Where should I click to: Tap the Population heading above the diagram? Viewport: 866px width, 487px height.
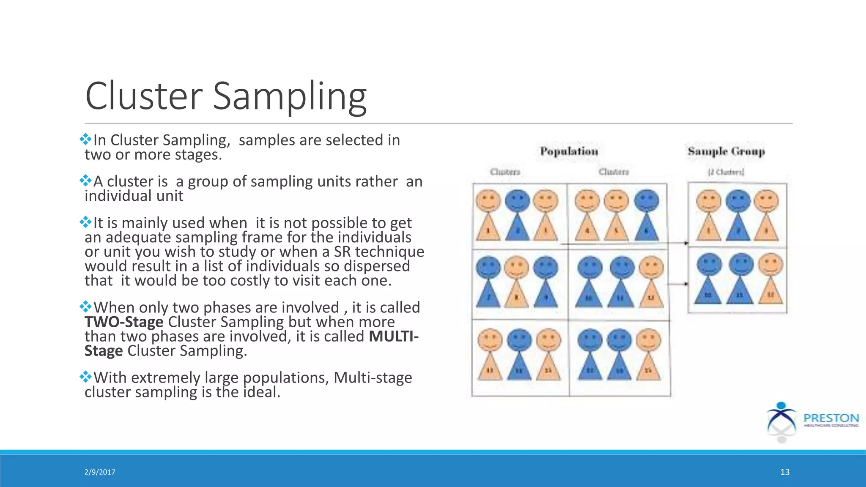[x=569, y=151]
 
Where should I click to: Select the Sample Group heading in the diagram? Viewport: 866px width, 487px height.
[x=726, y=151]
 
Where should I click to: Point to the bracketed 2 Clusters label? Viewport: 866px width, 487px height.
[x=726, y=172]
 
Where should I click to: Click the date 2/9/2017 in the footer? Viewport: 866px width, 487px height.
[x=100, y=472]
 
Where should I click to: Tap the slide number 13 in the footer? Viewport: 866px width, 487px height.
[x=785, y=472]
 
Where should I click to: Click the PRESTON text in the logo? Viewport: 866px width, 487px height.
[x=831, y=418]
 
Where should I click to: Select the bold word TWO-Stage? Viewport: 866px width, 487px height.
[x=124, y=322]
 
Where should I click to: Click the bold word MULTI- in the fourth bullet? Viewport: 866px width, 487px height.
[x=394, y=337]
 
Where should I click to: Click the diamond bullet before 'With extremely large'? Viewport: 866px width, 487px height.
[x=85, y=376]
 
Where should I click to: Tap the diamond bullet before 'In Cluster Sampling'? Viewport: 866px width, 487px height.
[x=85, y=139]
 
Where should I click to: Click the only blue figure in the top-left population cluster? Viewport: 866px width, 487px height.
[x=517, y=216]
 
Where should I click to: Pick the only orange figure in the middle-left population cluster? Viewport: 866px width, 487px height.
[x=516, y=281]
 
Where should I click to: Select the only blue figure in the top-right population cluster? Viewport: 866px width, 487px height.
[x=647, y=216]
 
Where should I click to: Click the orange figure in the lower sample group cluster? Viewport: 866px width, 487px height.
[x=770, y=279]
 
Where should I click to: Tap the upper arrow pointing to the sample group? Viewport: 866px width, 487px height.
[x=677, y=243]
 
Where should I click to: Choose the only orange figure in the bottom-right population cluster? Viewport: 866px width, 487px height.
[x=648, y=355]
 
